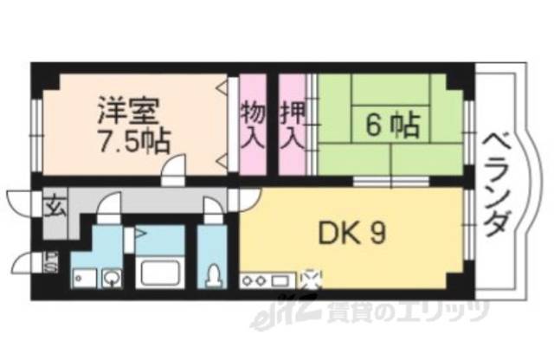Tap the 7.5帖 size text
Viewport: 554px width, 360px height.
pyautogui.click(x=132, y=139)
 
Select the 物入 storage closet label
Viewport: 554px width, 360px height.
pyautogui.click(x=252, y=125)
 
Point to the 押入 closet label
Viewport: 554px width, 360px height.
pyautogui.click(x=291, y=125)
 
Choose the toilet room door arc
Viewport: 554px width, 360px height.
pyautogui.click(x=211, y=208)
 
